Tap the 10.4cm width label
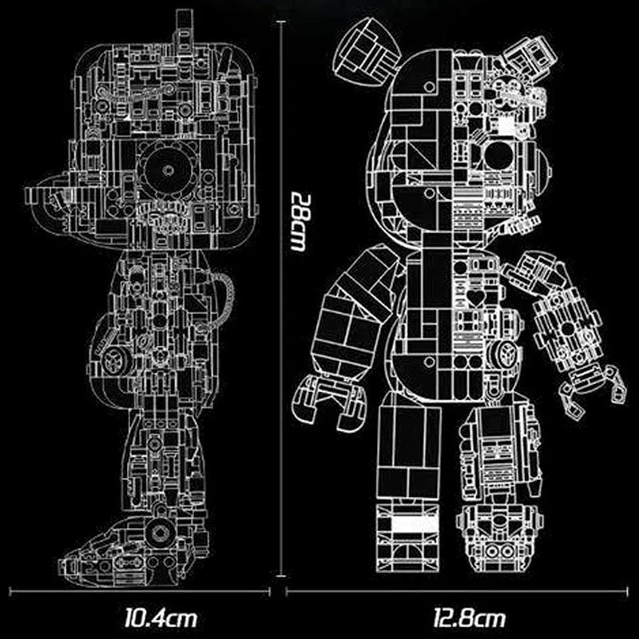pyautogui.click(x=161, y=617)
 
